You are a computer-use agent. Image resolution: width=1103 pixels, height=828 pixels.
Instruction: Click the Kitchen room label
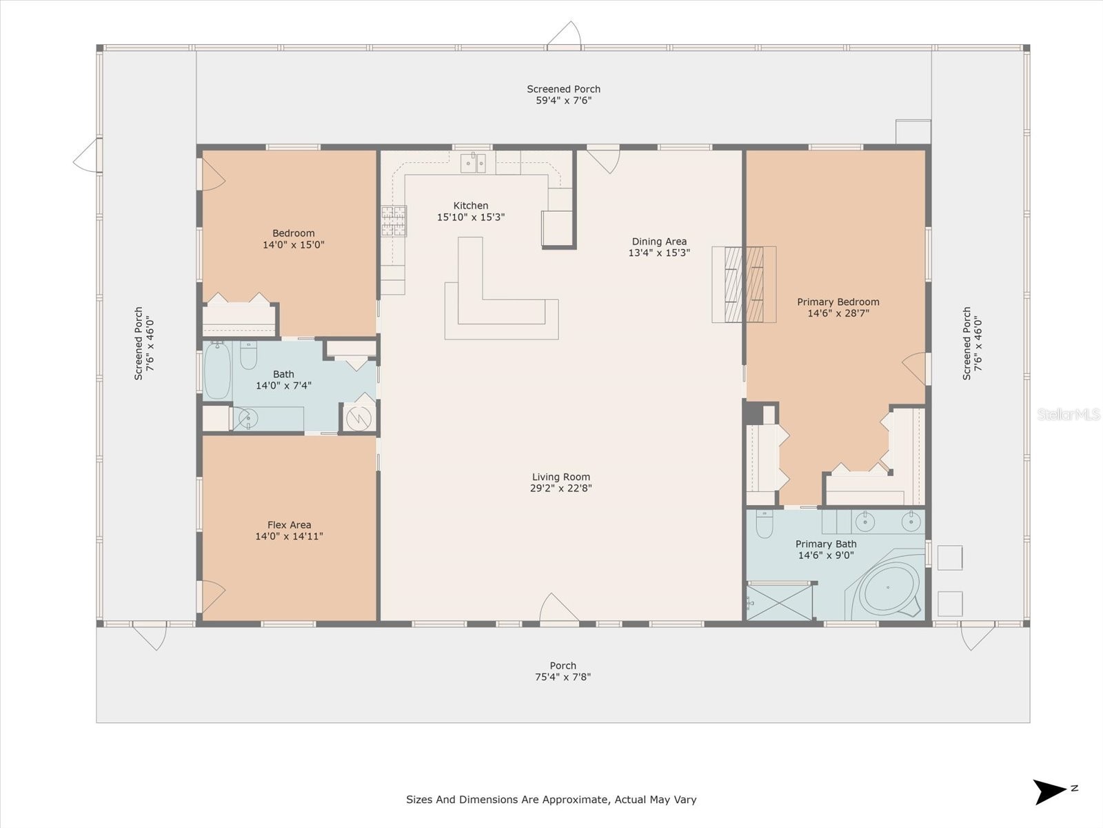pyautogui.click(x=471, y=206)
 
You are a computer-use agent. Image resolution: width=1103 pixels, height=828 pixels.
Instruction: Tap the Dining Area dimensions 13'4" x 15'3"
pyautogui.click(x=659, y=253)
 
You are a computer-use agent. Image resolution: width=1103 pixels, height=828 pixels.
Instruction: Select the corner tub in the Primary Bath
pyautogui.click(x=888, y=590)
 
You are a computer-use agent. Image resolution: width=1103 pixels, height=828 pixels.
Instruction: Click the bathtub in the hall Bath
pyautogui.click(x=217, y=371)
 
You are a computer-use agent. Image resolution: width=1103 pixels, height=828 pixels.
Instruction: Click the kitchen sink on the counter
pyautogui.click(x=473, y=164)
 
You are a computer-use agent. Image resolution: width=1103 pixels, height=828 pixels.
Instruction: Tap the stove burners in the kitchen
pyautogui.click(x=394, y=221)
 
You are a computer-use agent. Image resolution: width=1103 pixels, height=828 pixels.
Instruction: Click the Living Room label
pyautogui.click(x=560, y=477)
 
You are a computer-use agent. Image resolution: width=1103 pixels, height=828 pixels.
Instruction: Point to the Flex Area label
pyautogui.click(x=289, y=524)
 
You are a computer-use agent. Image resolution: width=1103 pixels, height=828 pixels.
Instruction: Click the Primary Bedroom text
pyautogui.click(x=838, y=302)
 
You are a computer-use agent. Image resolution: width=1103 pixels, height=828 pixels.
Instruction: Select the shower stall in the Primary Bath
pyautogui.click(x=780, y=602)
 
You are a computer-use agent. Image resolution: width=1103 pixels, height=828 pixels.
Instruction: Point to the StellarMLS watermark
pyautogui.click(x=1068, y=415)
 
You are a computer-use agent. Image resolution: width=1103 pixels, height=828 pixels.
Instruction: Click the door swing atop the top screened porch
pyautogui.click(x=566, y=36)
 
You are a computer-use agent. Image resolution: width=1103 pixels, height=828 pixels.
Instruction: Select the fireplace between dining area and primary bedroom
pyautogui.click(x=744, y=284)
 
